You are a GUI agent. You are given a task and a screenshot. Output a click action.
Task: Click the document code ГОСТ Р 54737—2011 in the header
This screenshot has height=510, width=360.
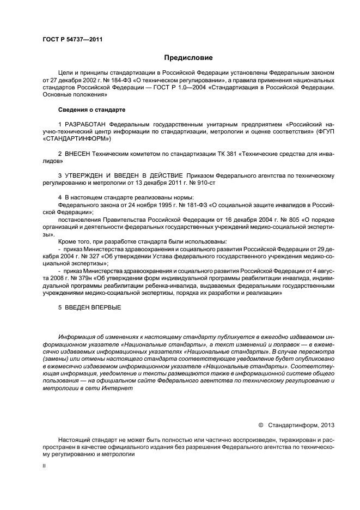point(72,40)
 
